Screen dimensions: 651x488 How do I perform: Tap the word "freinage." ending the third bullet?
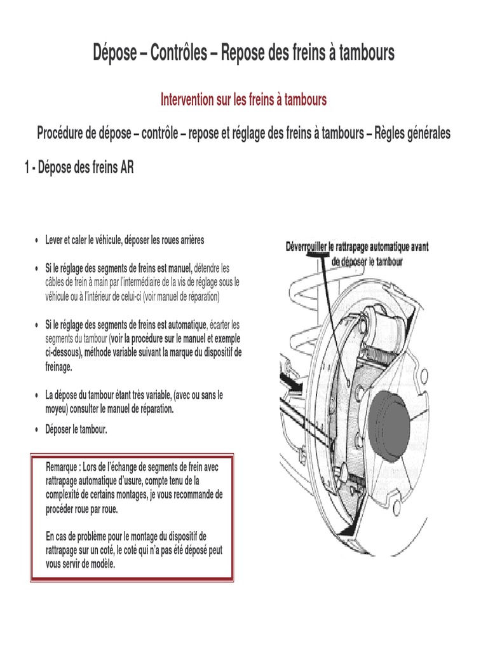pyautogui.click(x=59, y=367)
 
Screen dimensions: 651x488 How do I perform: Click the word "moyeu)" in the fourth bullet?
pyautogui.click(x=57, y=409)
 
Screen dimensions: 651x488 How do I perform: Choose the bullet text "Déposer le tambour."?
pyautogui.click(x=76, y=430)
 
